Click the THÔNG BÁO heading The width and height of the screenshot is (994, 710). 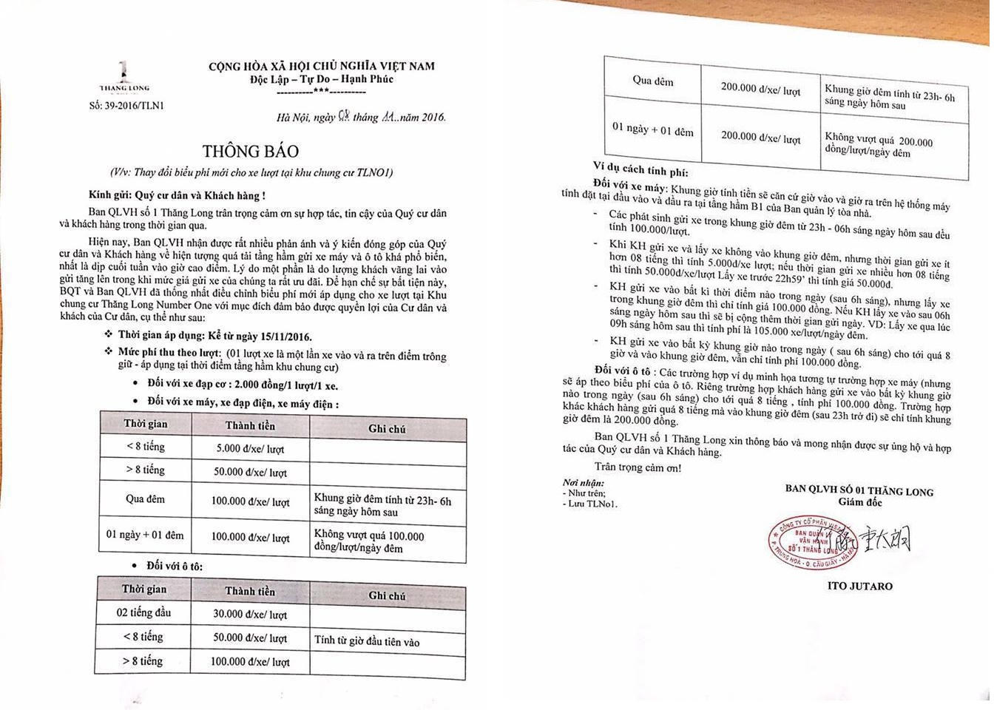[251, 151]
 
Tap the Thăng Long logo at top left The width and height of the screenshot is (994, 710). [124, 78]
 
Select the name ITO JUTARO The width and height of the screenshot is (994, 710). [860, 586]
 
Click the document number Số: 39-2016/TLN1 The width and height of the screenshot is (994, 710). [126, 106]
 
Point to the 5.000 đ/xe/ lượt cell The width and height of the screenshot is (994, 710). [250, 449]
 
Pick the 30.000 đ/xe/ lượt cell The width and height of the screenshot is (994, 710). [250, 614]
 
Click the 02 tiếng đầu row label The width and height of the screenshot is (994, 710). [143, 612]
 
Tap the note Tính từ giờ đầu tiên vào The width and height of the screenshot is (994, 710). [367, 640]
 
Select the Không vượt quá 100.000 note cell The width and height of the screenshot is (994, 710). [369, 541]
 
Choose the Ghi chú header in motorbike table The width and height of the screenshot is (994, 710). [387, 428]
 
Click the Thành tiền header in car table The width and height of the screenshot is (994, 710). [250, 591]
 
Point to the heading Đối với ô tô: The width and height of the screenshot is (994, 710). [175, 566]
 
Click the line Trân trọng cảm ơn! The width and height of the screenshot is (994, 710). [638, 467]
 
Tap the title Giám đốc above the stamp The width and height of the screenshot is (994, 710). [860, 502]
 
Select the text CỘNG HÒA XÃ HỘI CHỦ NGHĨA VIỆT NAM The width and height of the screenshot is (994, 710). [321, 66]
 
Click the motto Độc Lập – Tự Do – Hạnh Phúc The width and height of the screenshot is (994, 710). [321, 79]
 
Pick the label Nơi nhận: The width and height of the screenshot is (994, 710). [583, 482]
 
